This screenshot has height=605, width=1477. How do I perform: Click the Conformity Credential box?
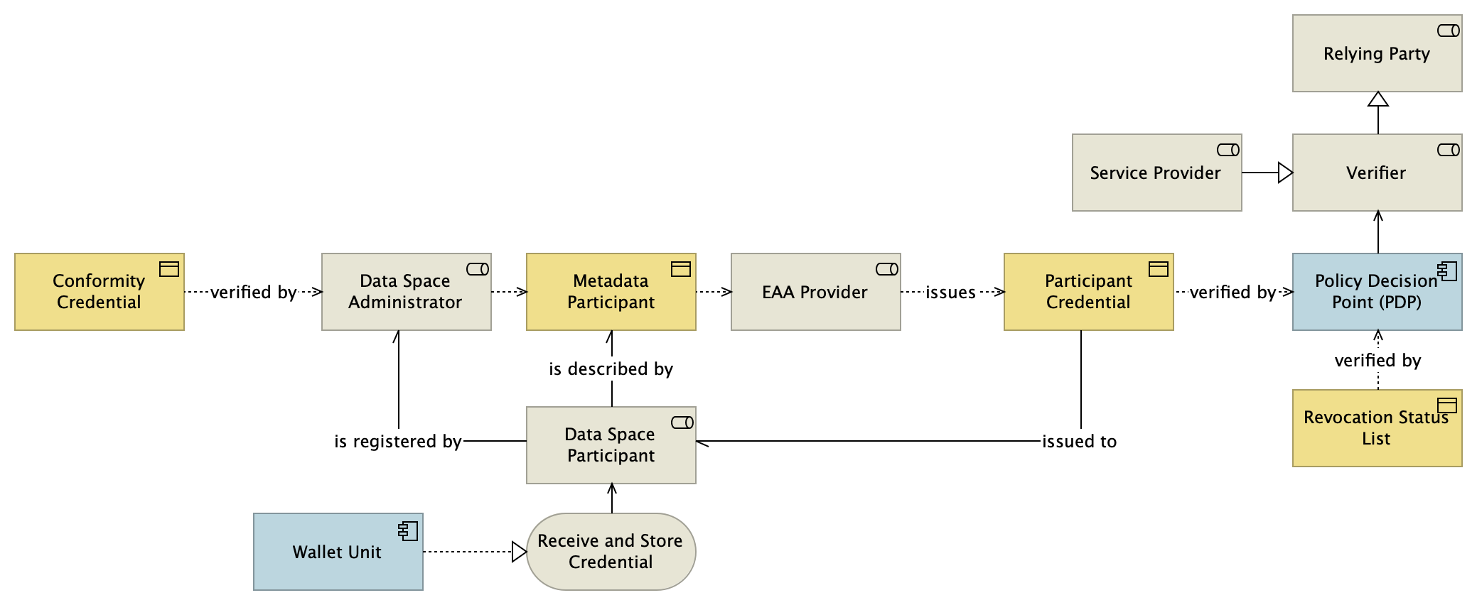tap(99, 292)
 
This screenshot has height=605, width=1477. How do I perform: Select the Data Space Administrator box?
tap(406, 292)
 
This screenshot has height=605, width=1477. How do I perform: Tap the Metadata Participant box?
tap(611, 292)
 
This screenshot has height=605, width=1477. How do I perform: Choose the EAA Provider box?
tap(815, 292)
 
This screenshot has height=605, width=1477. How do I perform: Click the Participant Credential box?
tap(1088, 292)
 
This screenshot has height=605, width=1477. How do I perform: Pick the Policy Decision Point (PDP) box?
tap(1377, 292)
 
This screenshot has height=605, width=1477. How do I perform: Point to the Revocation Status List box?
tap(1377, 428)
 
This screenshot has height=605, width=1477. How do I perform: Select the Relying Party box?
tap(1377, 53)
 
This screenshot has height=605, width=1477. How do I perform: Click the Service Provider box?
tap(1156, 173)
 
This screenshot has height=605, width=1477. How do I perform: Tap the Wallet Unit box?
tap(338, 552)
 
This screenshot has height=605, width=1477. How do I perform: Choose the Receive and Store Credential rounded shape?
tap(611, 552)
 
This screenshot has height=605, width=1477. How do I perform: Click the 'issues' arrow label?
tap(950, 293)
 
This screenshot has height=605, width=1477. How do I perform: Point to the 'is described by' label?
tap(611, 369)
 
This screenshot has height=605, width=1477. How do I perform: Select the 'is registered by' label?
tap(398, 442)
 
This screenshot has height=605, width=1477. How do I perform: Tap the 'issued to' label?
tap(1079, 442)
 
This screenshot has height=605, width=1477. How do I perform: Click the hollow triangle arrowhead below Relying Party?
tap(1378, 99)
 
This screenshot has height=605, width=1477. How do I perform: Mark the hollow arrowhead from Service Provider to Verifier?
tap(1285, 173)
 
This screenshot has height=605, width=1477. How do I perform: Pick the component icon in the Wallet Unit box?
tap(408, 530)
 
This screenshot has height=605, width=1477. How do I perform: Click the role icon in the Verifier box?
tap(1448, 150)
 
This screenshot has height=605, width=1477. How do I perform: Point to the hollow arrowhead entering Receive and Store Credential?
tap(520, 552)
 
